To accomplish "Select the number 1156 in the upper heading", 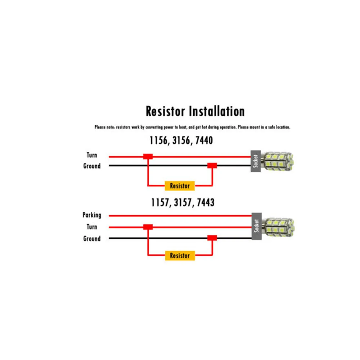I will tap(159, 140).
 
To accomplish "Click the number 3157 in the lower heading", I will tap(182, 203).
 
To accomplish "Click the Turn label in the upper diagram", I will tap(92, 155).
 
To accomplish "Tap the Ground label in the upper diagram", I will tap(92, 166).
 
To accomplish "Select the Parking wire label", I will tap(92, 215).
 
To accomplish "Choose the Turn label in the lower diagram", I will tap(92, 227).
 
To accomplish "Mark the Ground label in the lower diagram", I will tap(92, 239).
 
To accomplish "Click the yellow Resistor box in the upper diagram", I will tap(180, 186).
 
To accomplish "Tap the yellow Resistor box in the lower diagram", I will tap(180, 256).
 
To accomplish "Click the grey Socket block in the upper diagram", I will tap(256, 161).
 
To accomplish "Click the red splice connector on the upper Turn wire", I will tap(148, 157).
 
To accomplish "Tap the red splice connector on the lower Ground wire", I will tap(212, 238).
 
